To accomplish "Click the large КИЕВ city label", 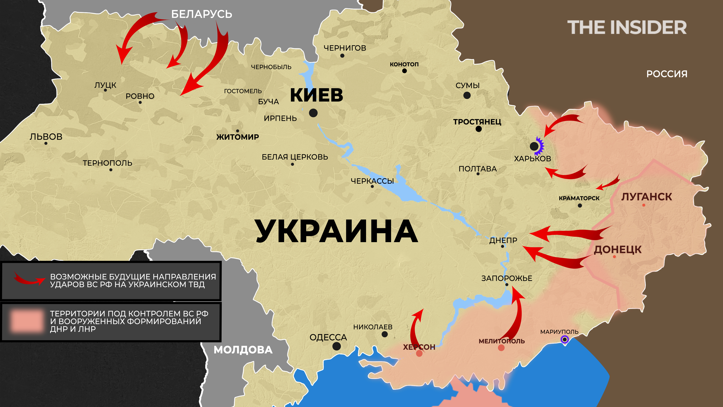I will pos(316,95).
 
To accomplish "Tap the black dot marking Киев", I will pos(313,113).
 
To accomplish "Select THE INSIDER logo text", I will pos(627,28).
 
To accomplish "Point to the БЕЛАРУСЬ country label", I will pos(201,14).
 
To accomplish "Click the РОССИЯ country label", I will pos(667,74).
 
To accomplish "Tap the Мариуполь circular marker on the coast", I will pos(564,340).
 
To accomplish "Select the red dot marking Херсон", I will pos(419,353).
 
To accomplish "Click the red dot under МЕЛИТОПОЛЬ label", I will pos(501,348).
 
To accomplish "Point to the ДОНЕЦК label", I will pos(618,249).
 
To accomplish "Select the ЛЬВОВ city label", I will pos(46,137).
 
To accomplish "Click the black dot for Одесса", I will pos(336,346).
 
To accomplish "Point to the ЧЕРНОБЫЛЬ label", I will pos(271,67).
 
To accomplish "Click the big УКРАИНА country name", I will pos(336,231).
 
